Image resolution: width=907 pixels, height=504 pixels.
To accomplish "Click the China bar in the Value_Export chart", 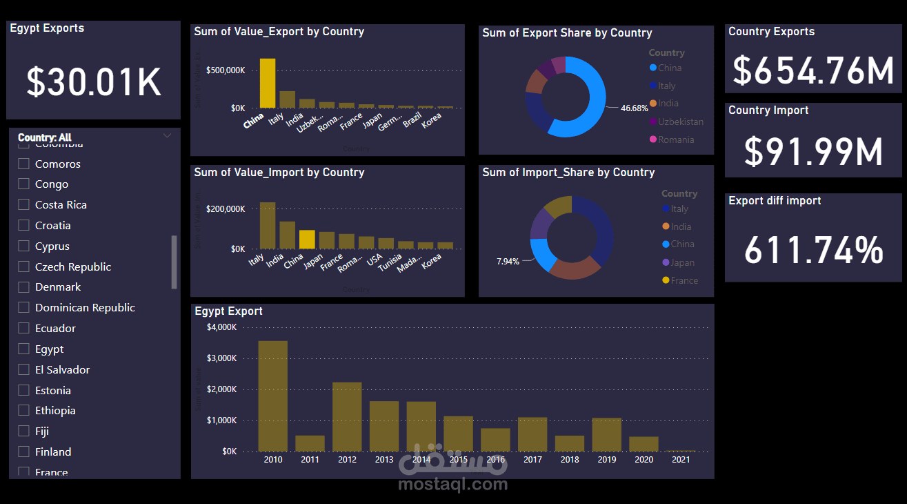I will point(268,83).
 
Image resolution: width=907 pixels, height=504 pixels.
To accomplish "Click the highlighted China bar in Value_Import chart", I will point(307,239).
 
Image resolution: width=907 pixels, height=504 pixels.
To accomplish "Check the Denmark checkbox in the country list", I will point(23,287).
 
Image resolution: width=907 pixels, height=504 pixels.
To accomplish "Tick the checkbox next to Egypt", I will point(23,349).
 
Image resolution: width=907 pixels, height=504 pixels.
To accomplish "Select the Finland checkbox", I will point(23,452).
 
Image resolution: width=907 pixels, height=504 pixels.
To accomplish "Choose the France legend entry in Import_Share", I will point(684,280).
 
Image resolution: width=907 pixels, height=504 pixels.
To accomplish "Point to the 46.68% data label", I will point(635,108).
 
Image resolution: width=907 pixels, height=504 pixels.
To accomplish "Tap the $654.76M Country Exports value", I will point(813,70).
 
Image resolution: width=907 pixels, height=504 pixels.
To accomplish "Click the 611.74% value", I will point(814,250).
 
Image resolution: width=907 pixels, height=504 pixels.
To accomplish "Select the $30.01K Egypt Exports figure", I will point(94,81).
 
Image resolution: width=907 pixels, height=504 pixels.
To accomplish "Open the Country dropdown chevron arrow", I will point(167,136).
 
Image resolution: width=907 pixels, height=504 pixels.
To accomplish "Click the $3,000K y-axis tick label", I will point(221,358).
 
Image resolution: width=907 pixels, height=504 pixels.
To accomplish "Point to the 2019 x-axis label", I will point(607,459).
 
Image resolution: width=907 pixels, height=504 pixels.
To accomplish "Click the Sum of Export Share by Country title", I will point(567,33).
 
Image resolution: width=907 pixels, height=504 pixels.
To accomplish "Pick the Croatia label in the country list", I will point(53,226).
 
